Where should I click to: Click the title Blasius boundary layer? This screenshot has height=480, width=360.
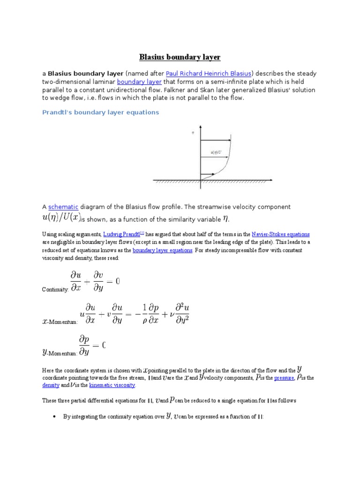[180, 57]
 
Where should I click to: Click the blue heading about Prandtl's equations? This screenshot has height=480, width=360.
[101, 112]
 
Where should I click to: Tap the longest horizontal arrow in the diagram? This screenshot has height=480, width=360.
[216, 141]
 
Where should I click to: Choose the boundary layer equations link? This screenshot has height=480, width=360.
[162, 250]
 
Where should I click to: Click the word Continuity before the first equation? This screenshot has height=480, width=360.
[55, 290]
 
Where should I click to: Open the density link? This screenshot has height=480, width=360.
[51, 385]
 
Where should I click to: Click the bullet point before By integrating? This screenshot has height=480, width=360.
[55, 416]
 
